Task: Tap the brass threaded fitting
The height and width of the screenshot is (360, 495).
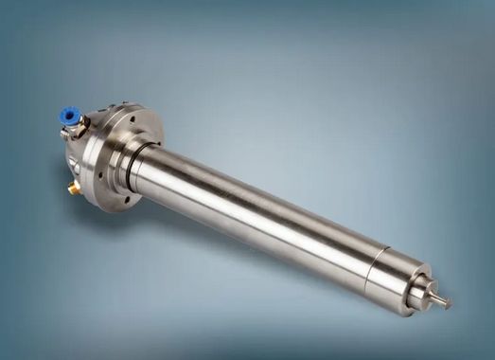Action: click(73, 189)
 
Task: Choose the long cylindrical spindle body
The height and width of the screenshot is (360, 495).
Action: click(256, 213)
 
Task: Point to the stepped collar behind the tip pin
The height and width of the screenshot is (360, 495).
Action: click(420, 295)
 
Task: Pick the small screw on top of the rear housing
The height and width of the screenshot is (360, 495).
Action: click(113, 107)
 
